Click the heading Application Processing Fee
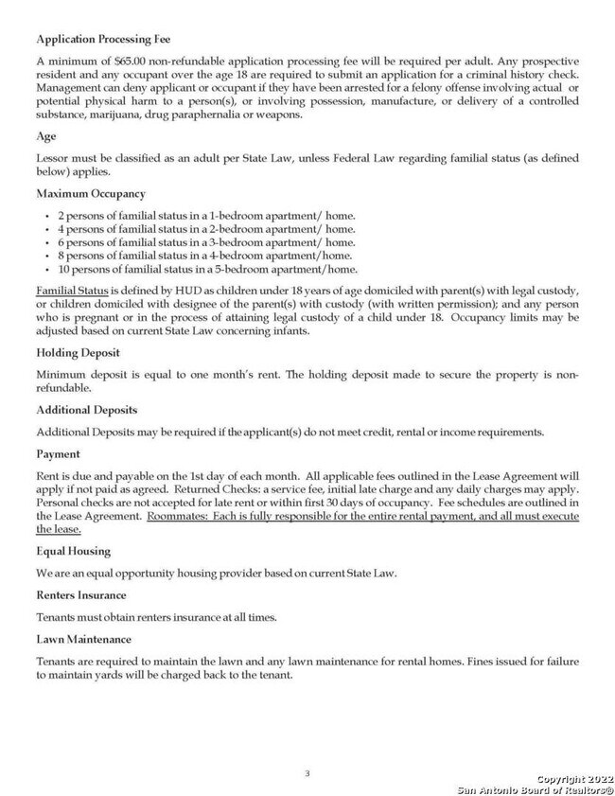pyautogui.click(x=103, y=41)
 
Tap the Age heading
pyautogui.click(x=46, y=136)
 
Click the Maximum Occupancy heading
pyautogui.click(x=91, y=194)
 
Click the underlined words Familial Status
pyautogui.click(x=72, y=289)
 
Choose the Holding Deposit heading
pyautogui.click(x=78, y=352)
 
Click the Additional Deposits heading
pyautogui.click(x=86, y=410)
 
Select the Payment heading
pyautogui.click(x=58, y=454)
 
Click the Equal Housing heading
pyautogui.click(x=73, y=551)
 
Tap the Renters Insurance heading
pyautogui.click(x=80, y=595)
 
